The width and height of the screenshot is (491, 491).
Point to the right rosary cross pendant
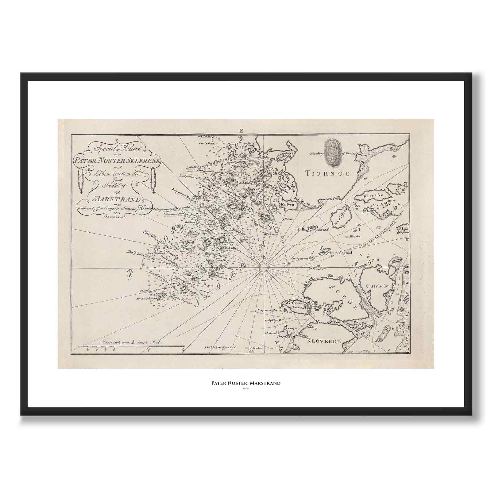153,192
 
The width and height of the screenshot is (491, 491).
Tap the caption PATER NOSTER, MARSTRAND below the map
245,383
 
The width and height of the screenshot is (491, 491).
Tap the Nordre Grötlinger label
149,298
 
